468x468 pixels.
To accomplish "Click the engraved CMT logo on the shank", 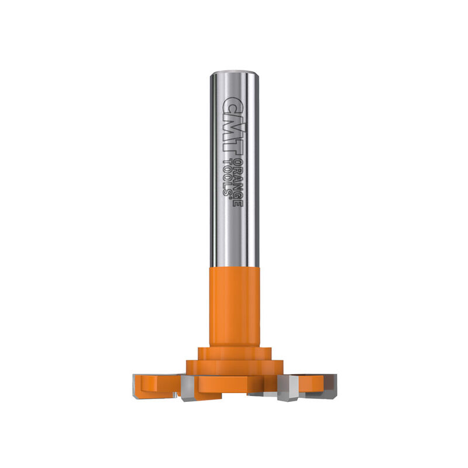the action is tap(233, 126).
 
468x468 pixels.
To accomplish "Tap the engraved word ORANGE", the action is tap(238, 183).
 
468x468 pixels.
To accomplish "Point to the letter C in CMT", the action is tap(233, 105).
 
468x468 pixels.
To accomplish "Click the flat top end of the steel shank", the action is tap(235, 73).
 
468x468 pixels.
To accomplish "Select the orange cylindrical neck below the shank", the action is tap(235, 307).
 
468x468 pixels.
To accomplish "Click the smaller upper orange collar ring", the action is tap(235, 354).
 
